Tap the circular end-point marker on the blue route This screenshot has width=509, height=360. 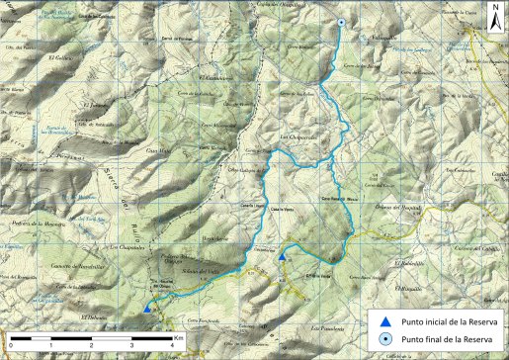click(341, 23)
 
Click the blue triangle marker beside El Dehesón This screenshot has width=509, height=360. click(147, 308)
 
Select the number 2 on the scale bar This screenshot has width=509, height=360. click(90, 346)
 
